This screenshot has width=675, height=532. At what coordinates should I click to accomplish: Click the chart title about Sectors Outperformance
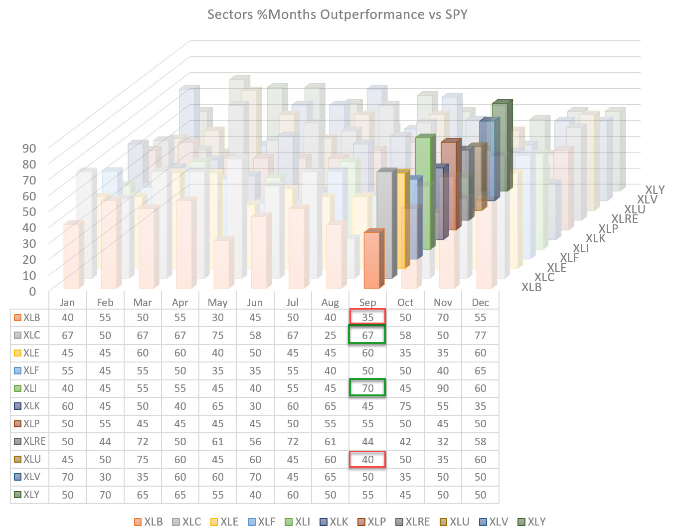pos(337,14)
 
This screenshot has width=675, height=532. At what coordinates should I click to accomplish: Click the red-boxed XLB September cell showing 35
pos(367,318)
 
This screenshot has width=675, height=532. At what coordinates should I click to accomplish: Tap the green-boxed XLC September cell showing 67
pos(367,335)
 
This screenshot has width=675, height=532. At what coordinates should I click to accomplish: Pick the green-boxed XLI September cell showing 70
pos(367,388)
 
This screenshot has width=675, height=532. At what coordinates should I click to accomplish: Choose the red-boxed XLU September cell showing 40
pos(367,459)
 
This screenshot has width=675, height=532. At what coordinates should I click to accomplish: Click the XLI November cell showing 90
pos(443,388)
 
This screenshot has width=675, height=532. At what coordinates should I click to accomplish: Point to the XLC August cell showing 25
pos(330,335)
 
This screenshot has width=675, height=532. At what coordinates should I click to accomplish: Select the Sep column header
pos(367,303)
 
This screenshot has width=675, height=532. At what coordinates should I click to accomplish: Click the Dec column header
pos(480,303)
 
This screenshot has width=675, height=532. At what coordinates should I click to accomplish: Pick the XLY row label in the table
pos(31,495)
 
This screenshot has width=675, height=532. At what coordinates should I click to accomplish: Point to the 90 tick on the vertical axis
pos(29,148)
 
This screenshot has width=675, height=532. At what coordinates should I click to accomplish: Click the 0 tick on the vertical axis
pos(33,291)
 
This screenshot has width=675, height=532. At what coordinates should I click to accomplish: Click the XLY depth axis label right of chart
pos(655,190)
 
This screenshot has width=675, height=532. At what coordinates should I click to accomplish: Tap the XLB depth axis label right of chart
pos(531,287)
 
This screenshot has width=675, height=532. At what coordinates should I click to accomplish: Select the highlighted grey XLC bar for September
pos(385,224)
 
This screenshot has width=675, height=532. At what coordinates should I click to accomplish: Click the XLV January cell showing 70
pos(67,477)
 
